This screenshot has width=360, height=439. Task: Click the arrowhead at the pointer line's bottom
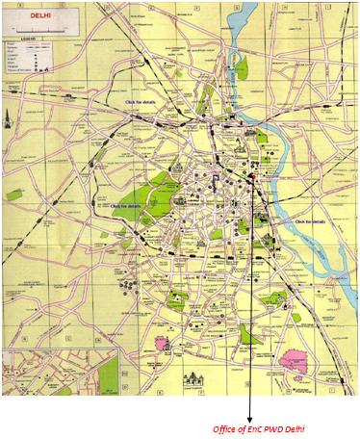tap(253, 415)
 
